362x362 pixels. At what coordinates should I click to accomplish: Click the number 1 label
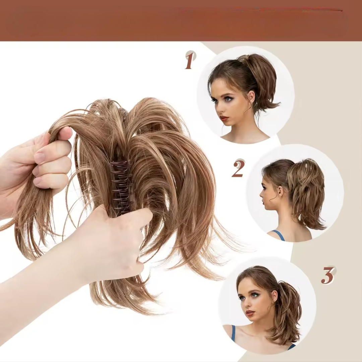click(189, 61)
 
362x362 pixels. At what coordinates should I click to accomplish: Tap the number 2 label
click(238, 169)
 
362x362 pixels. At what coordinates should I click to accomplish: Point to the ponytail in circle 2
click(305, 196)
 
